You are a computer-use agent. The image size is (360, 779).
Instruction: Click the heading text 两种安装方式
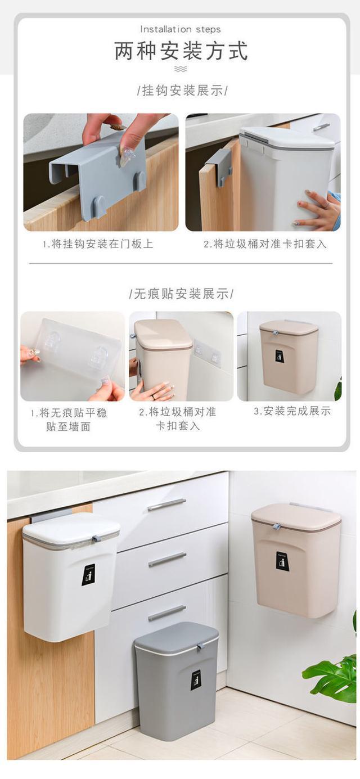[181, 51]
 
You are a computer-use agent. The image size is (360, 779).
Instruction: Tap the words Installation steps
[181, 29]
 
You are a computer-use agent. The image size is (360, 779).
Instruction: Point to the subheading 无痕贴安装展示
[181, 294]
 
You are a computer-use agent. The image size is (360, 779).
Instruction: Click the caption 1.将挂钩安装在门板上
[98, 244]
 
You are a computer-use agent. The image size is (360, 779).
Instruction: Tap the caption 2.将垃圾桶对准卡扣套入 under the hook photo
[264, 244]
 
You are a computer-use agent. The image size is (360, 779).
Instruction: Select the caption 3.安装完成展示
[292, 411]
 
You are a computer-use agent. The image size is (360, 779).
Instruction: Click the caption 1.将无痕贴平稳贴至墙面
[68, 419]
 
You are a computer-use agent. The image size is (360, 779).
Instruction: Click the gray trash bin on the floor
[176, 683]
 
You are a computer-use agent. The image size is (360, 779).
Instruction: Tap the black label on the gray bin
[196, 680]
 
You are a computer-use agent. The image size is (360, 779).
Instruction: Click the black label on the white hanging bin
[88, 574]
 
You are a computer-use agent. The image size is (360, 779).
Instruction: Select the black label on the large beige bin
[282, 561]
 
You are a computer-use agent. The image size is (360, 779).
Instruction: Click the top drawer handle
[166, 505]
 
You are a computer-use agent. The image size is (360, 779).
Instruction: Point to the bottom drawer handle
[166, 613]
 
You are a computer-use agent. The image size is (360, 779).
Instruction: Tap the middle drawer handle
[166, 559]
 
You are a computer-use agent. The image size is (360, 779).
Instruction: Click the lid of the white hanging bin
[71, 529]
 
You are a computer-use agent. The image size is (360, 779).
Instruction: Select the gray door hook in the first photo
[98, 169]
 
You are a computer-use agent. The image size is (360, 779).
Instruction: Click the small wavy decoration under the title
[181, 69]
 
